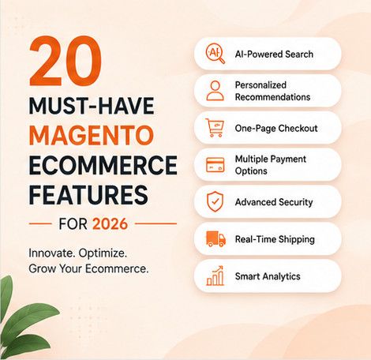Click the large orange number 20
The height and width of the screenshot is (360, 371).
click(66, 61)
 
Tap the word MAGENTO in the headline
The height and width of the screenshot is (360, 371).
click(91, 135)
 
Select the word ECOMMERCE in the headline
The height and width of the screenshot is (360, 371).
click(103, 165)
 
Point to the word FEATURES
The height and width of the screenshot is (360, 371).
click(88, 195)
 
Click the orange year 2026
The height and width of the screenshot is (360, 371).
click(110, 224)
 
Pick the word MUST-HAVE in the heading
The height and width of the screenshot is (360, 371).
click(92, 106)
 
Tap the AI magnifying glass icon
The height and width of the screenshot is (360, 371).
click(215, 54)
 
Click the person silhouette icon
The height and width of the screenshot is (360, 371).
click(215, 91)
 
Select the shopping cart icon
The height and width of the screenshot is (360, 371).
click(215, 128)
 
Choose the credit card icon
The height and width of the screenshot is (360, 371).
click(215, 165)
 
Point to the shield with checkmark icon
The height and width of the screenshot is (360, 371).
click(215, 202)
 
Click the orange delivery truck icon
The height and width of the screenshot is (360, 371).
click(215, 238)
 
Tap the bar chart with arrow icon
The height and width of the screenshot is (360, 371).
click(215, 276)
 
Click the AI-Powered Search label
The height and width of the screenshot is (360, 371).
click(274, 54)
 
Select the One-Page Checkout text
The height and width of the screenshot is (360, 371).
click(276, 129)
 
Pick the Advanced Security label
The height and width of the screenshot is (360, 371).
click(274, 202)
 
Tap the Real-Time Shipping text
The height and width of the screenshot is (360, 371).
click(275, 239)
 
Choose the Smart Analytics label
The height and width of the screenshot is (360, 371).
click(268, 276)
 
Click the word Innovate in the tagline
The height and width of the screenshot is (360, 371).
click(51, 253)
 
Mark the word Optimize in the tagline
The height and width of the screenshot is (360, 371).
click(103, 253)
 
